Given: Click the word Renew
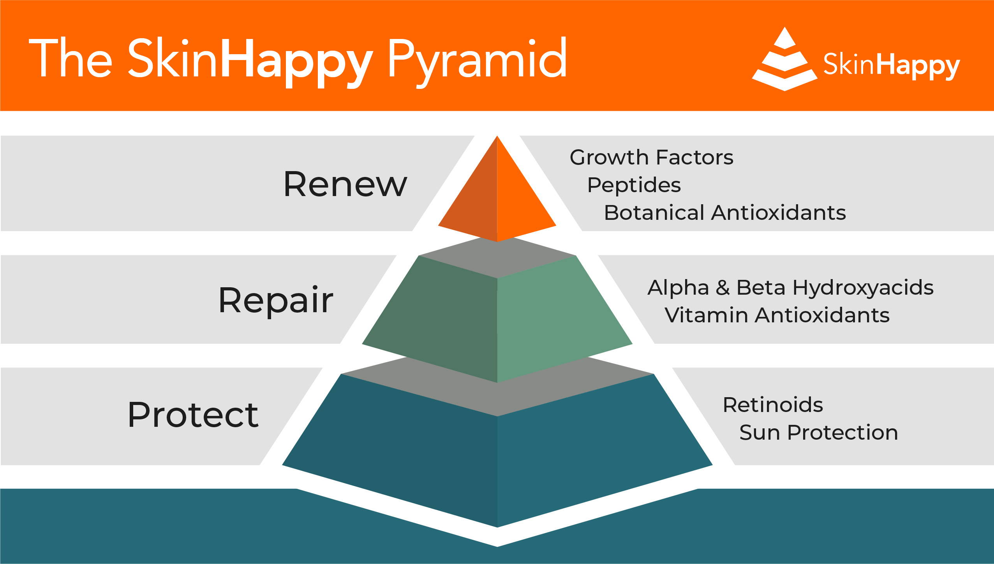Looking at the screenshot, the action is pos(345,184).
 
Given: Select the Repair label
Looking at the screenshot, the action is pos(276,300).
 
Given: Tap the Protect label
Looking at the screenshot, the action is pos(193,415).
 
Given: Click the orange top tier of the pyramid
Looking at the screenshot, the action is pos(497,195).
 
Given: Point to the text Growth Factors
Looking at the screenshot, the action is pos(652,157).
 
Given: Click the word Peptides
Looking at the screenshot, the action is pos(634,185).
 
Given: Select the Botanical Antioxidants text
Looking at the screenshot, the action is pos(725,213).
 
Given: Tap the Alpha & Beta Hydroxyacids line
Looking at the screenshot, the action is pos(791,288).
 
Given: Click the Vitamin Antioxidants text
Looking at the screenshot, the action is pos(777,315).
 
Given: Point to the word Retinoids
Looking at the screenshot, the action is pos(773,405).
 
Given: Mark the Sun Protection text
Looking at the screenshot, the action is pos(819,433).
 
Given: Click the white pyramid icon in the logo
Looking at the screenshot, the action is pos(784,59).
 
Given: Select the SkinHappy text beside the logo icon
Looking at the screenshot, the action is pos(892,66).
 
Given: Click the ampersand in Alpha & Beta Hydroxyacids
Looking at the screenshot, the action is pos(723,288).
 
